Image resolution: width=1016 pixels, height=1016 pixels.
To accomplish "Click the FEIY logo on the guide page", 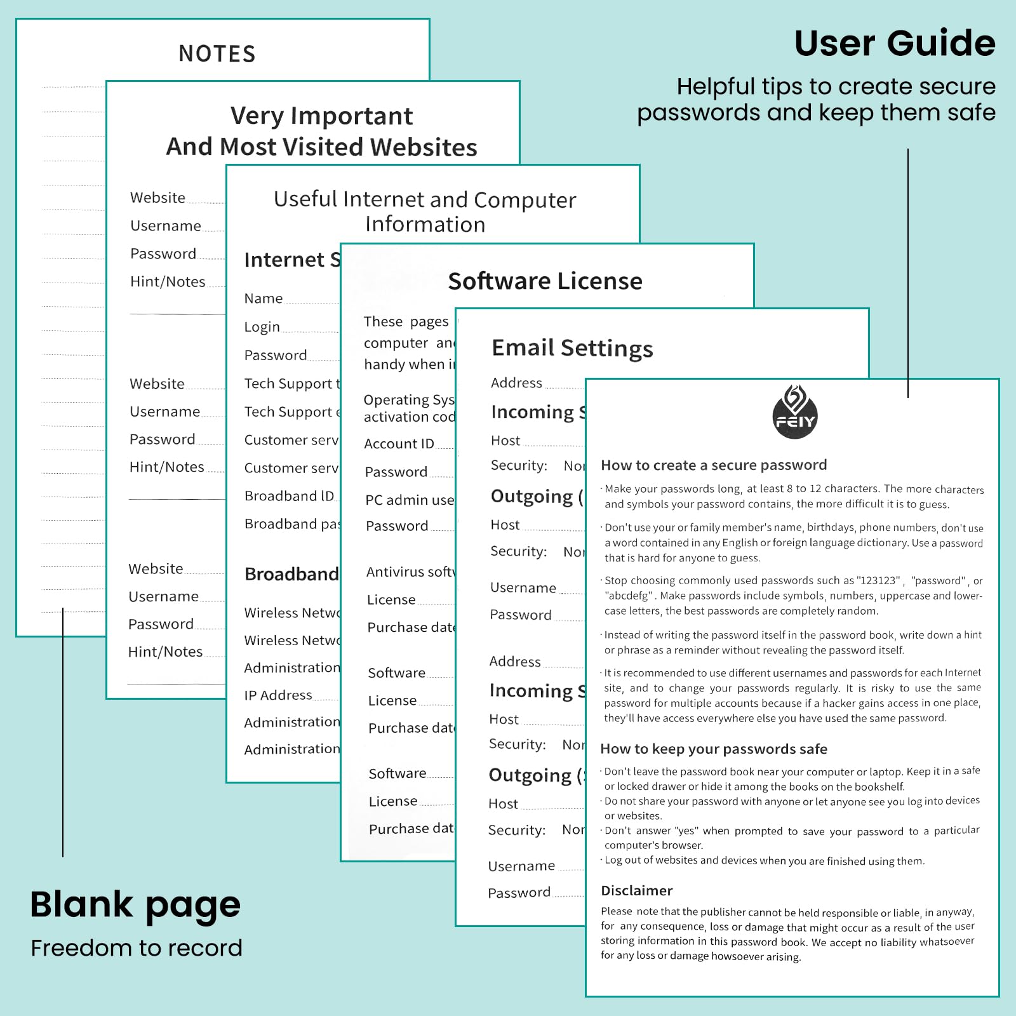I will pyautogui.click(x=794, y=413).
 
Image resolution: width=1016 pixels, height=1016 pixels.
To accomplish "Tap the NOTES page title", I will pyautogui.click(x=217, y=54).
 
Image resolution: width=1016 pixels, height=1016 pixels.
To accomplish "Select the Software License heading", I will pyautogui.click(x=545, y=281).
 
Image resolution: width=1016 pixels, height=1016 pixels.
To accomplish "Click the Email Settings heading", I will pyautogui.click(x=572, y=348).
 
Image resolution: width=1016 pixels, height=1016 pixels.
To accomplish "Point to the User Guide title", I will pyautogui.click(x=894, y=43).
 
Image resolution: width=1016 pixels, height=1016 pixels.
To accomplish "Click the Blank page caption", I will pyautogui.click(x=135, y=905).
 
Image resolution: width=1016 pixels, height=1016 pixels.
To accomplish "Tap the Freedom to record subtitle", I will pyautogui.click(x=137, y=948).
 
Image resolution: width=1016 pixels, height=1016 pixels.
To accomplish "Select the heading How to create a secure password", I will pyautogui.click(x=714, y=465).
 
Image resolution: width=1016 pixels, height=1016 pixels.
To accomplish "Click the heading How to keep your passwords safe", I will pyautogui.click(x=714, y=749).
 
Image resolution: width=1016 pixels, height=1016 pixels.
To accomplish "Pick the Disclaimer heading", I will pyautogui.click(x=636, y=890).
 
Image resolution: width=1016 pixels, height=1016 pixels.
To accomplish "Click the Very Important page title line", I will pyautogui.click(x=321, y=116).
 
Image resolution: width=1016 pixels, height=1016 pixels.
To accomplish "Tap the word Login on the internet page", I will pyautogui.click(x=262, y=327).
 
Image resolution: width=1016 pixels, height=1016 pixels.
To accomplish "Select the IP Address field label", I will pyautogui.click(x=278, y=695).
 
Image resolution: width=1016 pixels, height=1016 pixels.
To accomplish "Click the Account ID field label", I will pyautogui.click(x=399, y=444).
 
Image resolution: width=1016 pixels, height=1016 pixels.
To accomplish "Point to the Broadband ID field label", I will pyautogui.click(x=289, y=496).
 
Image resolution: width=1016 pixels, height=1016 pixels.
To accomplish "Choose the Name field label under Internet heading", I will pyautogui.click(x=264, y=298).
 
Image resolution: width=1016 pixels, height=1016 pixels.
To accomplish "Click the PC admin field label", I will pyautogui.click(x=410, y=500).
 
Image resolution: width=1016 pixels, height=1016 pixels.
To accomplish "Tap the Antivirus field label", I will pyautogui.click(x=410, y=572).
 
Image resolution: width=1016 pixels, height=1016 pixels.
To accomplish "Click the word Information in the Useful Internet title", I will pyautogui.click(x=425, y=225).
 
